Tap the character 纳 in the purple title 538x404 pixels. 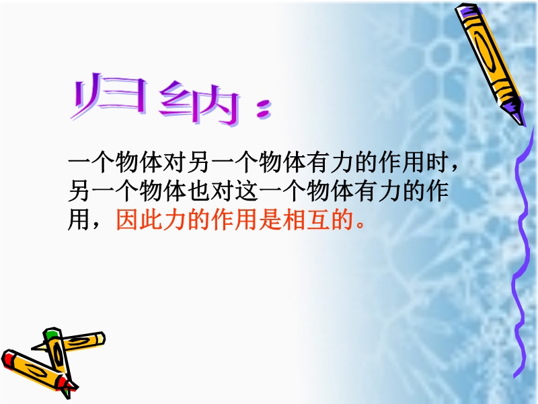199,102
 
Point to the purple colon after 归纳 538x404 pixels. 264,109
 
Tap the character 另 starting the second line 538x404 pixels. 80,191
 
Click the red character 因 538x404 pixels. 128,220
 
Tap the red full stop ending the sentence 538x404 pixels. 360,226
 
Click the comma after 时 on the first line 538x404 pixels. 455,168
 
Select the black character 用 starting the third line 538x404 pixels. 80,220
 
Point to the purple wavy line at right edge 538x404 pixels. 521,255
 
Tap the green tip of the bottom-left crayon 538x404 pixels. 51,333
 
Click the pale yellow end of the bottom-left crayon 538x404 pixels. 100,339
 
